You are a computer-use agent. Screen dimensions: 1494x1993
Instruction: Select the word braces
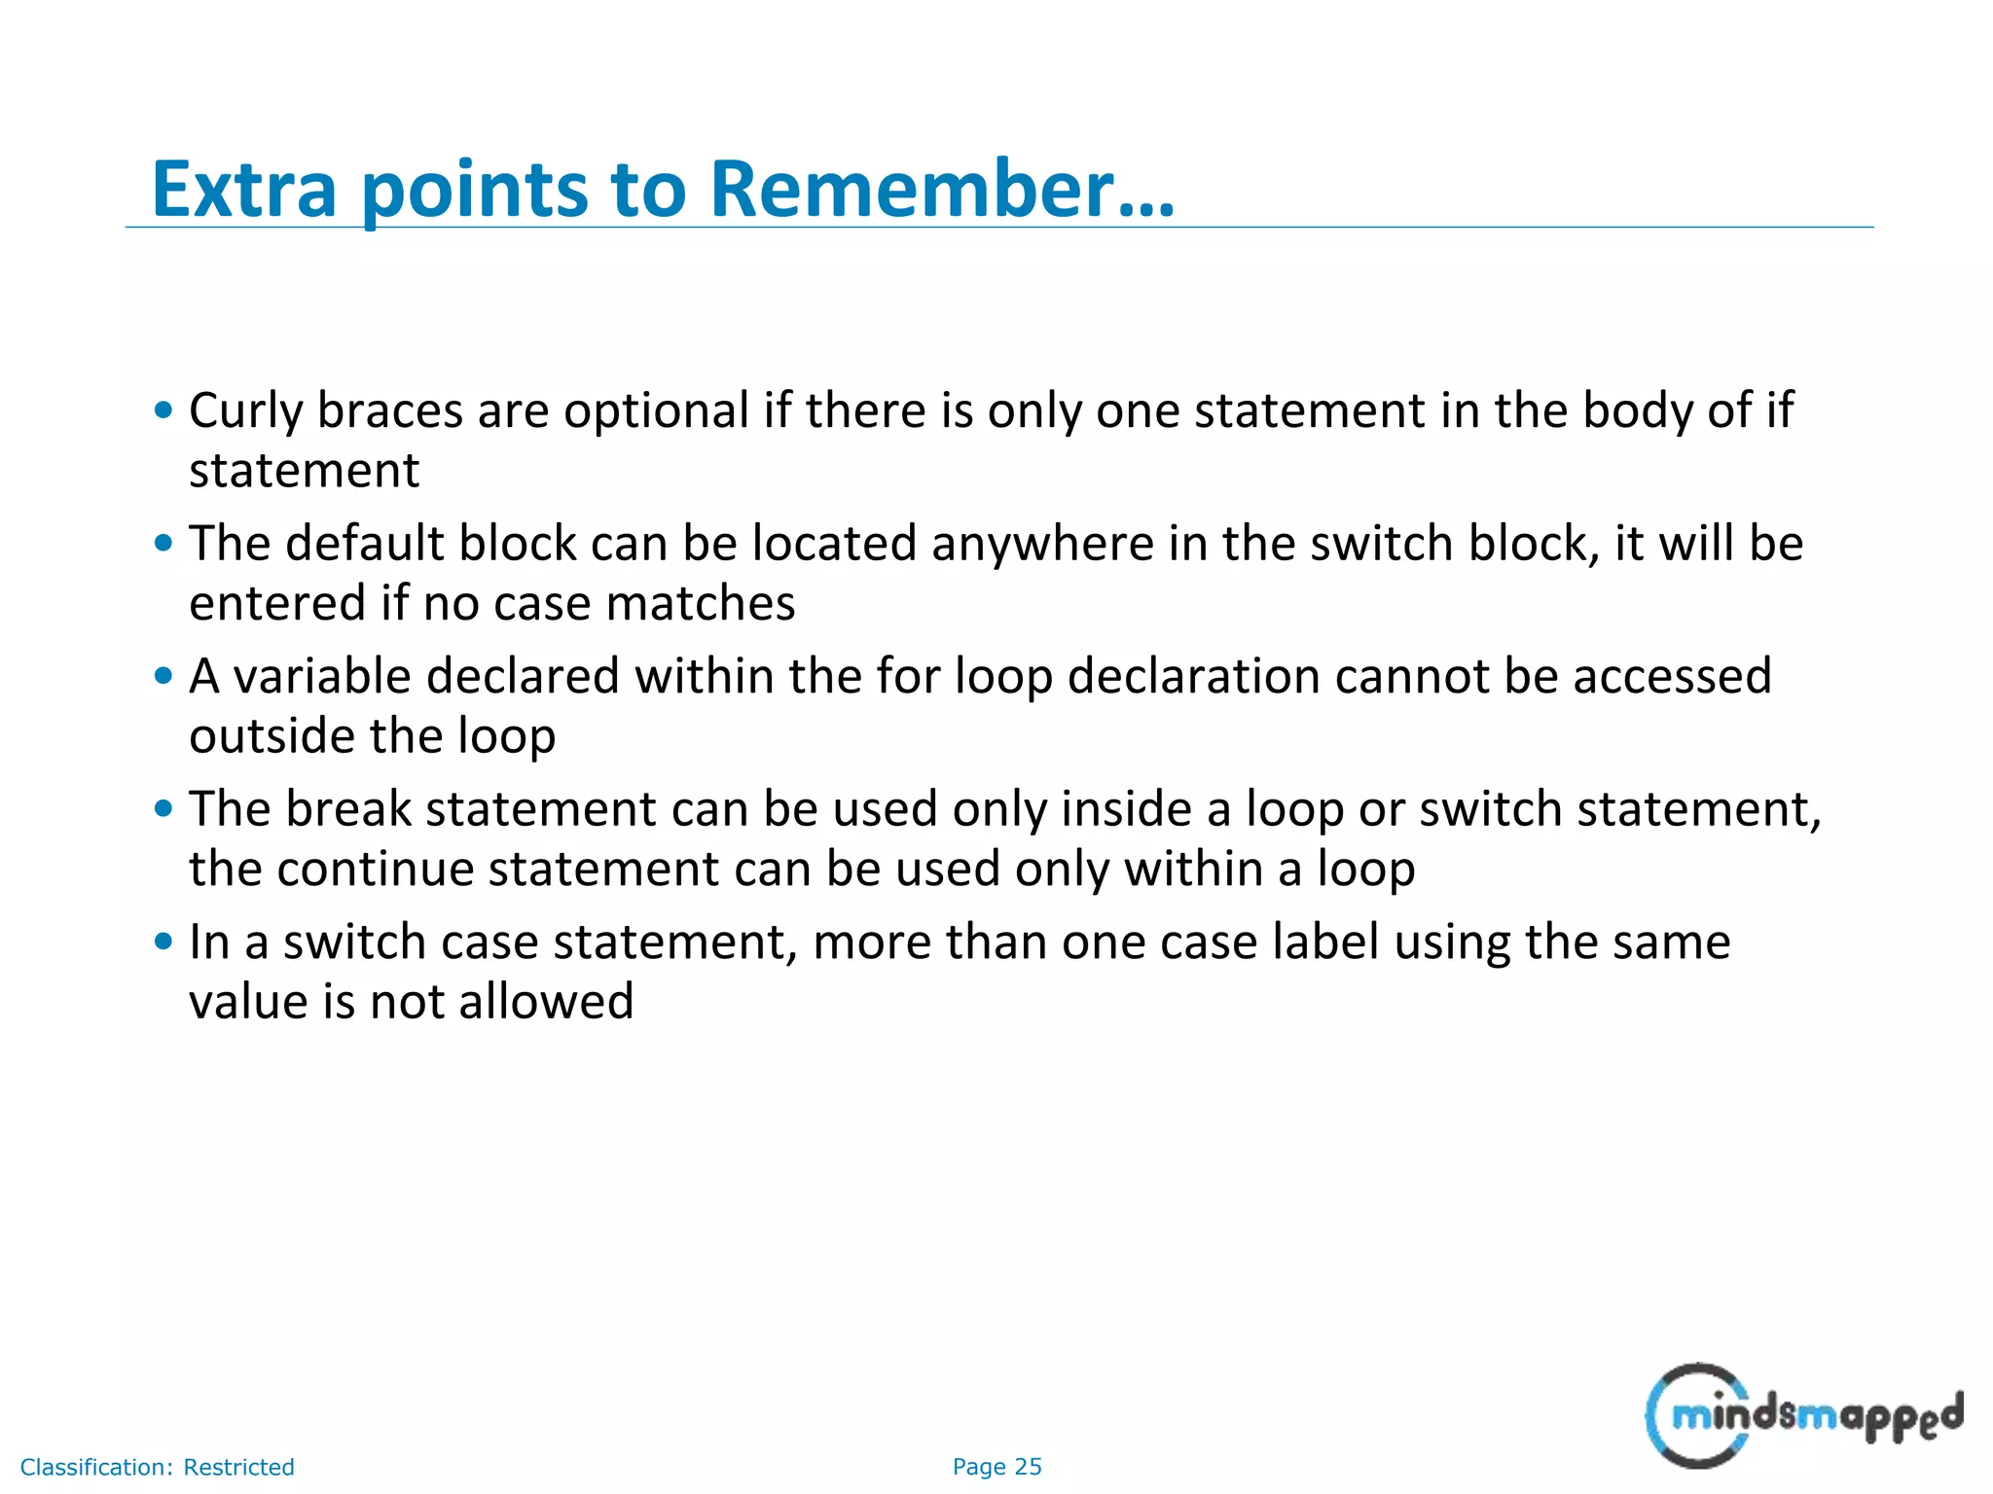pyautogui.click(x=389, y=411)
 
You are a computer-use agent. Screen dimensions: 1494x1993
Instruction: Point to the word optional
pyautogui.click(x=656, y=411)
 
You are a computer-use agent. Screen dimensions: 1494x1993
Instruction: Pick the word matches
pyautogui.click(x=701, y=604)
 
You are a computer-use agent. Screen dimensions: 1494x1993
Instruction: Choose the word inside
pyautogui.click(x=1126, y=809)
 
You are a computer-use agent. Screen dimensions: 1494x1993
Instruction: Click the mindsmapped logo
pyautogui.click(x=1802, y=1415)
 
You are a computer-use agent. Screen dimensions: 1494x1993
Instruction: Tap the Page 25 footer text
pyautogui.click(x=996, y=1467)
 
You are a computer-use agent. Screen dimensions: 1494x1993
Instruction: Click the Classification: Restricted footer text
pyautogui.click(x=157, y=1467)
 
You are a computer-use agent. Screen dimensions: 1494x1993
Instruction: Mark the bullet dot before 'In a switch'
pyautogui.click(x=163, y=942)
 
